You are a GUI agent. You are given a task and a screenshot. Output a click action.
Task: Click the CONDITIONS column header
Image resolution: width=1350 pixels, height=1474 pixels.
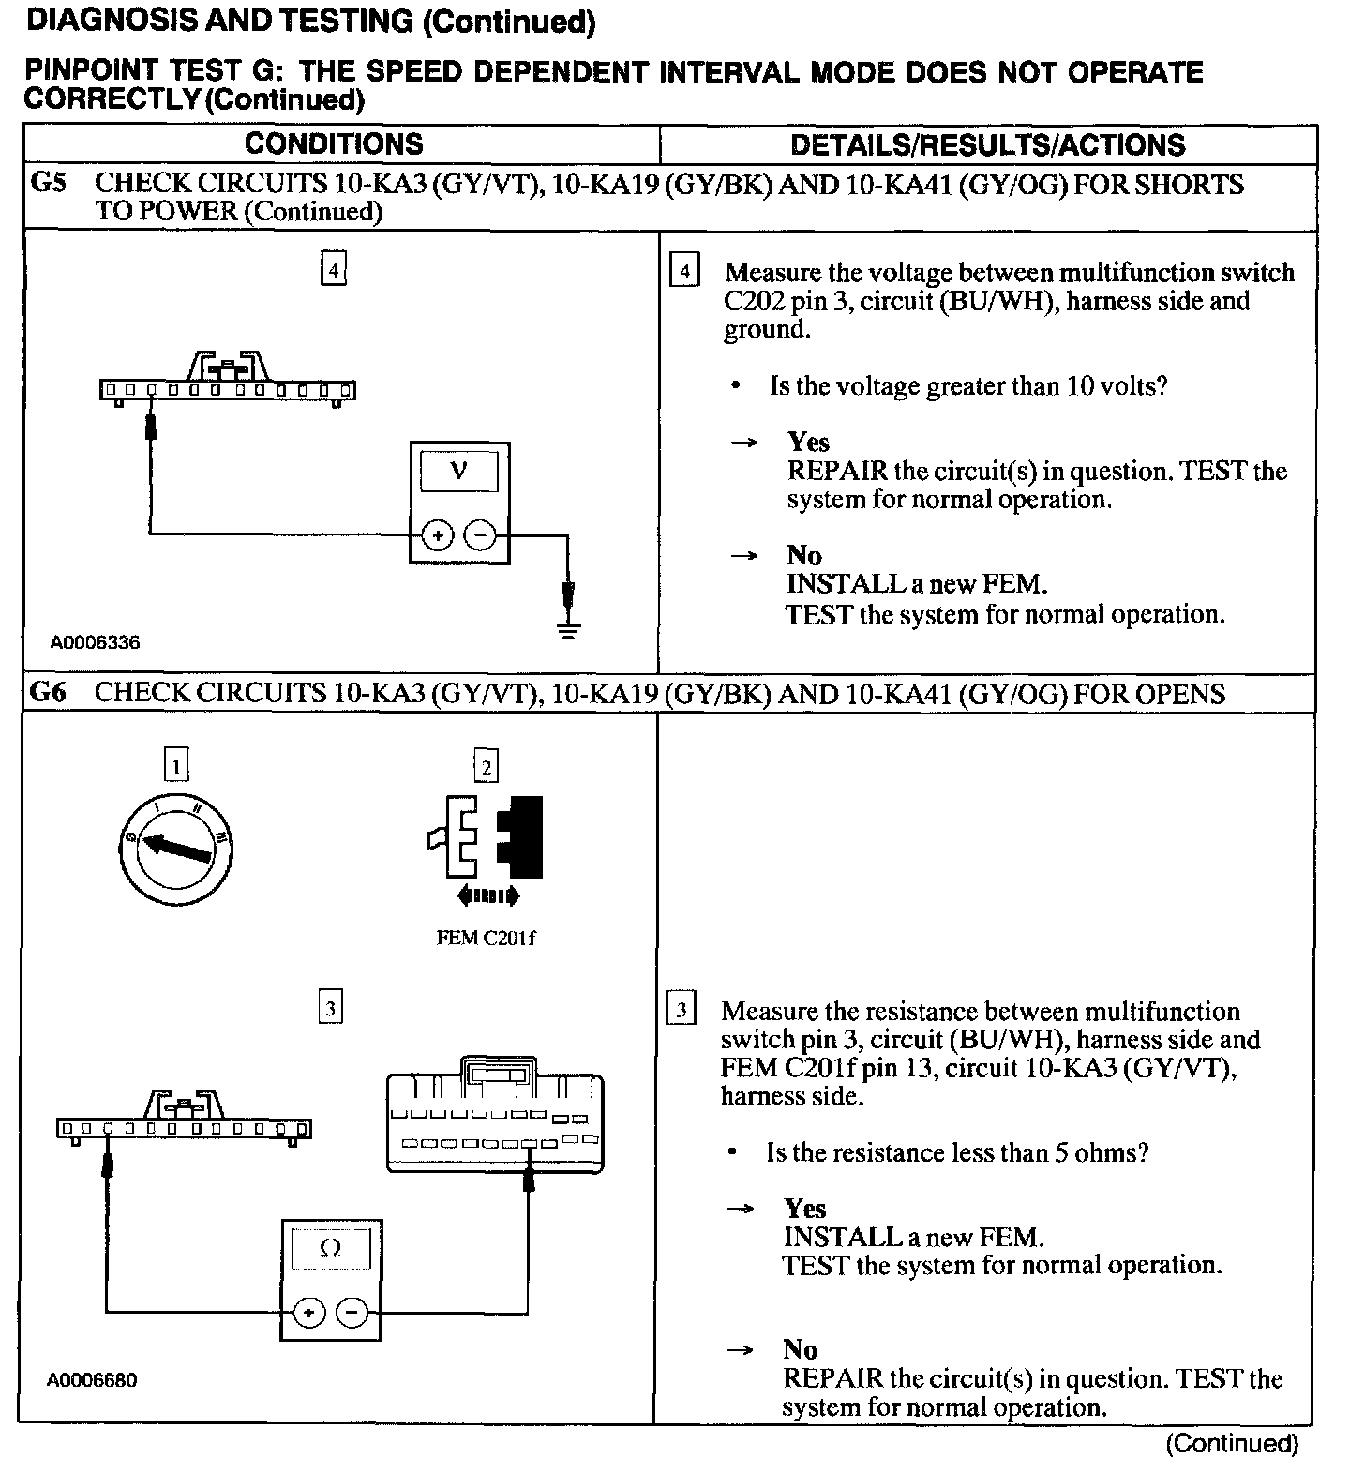click(x=334, y=143)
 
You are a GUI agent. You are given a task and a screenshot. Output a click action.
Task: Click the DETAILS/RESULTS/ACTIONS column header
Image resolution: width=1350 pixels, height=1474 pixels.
click(x=987, y=144)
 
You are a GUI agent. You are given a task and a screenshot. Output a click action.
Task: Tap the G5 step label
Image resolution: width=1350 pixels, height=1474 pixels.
click(x=50, y=183)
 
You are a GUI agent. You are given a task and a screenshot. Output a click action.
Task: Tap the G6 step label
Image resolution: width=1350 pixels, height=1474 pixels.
click(x=50, y=693)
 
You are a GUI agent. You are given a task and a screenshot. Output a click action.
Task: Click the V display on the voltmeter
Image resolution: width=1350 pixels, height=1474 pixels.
click(x=459, y=471)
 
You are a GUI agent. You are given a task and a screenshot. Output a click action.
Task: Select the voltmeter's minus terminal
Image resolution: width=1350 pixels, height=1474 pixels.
click(x=480, y=535)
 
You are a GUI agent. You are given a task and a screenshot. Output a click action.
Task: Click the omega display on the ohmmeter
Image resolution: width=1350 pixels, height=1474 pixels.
click(x=330, y=1249)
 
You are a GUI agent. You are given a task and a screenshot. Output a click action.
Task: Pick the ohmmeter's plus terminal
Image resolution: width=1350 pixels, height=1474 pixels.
click(x=308, y=1313)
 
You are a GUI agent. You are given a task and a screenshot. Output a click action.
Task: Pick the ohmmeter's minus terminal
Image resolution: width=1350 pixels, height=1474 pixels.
click(x=352, y=1313)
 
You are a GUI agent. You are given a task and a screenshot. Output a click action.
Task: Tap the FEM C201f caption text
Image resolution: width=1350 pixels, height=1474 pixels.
click(x=487, y=938)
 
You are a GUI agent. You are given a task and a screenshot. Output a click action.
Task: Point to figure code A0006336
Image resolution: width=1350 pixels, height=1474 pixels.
click(x=95, y=643)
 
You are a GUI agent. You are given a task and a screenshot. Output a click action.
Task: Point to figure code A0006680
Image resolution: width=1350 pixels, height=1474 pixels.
click(x=93, y=1381)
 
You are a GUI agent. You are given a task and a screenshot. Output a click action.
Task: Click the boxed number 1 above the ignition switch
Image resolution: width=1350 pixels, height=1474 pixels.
click(x=176, y=766)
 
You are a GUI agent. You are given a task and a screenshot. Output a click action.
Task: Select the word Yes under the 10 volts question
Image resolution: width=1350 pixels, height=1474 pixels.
click(x=808, y=442)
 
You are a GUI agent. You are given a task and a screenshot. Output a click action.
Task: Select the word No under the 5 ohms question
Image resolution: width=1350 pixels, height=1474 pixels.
click(x=801, y=1349)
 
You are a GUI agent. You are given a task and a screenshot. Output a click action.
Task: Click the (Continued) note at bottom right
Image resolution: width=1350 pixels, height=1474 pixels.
click(x=1232, y=1444)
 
